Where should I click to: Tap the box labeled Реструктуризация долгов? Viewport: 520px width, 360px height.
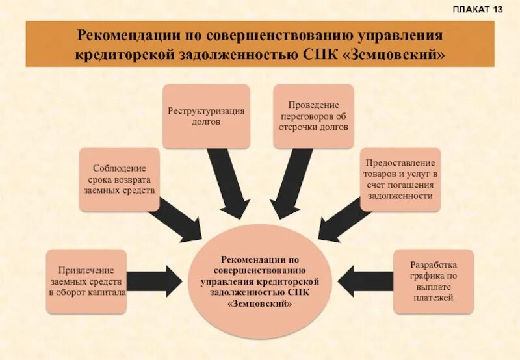pos(206,116)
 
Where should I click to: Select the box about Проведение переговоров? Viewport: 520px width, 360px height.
pos(313,116)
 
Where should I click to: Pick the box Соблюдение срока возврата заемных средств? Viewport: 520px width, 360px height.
pos(120,179)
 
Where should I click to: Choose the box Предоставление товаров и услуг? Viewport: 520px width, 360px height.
pos(400,179)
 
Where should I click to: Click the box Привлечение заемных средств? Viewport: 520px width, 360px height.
pos(87,281)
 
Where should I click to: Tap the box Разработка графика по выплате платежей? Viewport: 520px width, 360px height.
pos(434,281)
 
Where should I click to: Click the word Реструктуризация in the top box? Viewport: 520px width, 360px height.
pos(206,110)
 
